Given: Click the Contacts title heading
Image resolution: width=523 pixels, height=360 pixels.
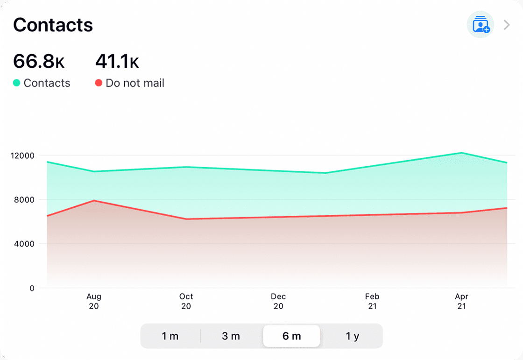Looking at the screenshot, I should tap(53, 25).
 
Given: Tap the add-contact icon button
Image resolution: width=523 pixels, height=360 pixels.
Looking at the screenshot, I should tap(481, 25).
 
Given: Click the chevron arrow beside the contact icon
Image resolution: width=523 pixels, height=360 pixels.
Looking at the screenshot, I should tap(507, 25).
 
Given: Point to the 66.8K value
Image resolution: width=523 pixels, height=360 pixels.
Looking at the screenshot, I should tap(39, 62).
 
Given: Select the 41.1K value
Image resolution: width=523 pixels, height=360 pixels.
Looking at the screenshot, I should tap(117, 62).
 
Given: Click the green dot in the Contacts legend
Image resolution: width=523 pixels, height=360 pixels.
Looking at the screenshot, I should tap(17, 83).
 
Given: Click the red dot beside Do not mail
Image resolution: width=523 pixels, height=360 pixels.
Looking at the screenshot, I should tap(99, 83).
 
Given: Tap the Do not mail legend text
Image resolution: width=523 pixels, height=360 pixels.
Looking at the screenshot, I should tap(135, 83).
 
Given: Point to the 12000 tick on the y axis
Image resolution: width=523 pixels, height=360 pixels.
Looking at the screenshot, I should tap(23, 155).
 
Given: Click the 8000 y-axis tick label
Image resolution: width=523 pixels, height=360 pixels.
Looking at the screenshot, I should tap(25, 200).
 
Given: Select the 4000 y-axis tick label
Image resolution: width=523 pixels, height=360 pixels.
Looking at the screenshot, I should tap(25, 244).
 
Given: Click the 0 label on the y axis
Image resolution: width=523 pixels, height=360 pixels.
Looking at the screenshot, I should tap(32, 288).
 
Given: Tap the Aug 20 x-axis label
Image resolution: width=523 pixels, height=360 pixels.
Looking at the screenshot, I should tap(94, 301).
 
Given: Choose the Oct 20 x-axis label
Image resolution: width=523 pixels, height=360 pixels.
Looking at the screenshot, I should tap(186, 301).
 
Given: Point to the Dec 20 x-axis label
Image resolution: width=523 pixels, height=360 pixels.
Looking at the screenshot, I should tap(278, 301).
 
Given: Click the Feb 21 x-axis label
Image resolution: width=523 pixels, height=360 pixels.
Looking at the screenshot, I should tap(372, 301).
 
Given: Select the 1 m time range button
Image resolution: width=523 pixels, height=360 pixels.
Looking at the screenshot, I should tap(170, 336).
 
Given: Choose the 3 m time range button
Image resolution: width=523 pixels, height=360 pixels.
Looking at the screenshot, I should tap(231, 336).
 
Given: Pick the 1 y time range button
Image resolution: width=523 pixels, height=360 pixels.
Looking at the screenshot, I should tap(352, 336).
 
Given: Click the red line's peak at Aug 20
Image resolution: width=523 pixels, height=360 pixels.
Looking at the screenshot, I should tap(94, 200).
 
